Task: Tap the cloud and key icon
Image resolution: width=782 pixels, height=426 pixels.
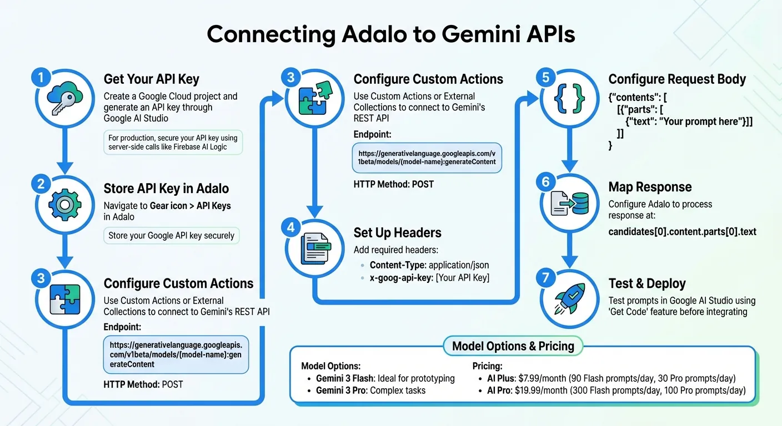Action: [64, 99]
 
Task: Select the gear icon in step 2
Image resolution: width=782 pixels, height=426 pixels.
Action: [64, 205]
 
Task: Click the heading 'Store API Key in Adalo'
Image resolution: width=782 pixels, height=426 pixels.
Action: [166, 189]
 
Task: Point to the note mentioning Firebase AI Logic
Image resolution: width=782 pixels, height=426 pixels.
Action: [173, 143]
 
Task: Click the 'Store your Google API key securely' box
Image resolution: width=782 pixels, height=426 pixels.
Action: [172, 236]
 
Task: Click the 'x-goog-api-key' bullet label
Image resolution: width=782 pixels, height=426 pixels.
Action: [401, 278]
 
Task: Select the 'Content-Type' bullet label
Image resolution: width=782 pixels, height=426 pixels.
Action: [398, 265]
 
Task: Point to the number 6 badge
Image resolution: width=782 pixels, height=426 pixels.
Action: [545, 182]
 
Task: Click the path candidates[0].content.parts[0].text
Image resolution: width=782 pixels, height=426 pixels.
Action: [682, 232]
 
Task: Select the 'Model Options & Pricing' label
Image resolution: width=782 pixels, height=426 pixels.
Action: [513, 347]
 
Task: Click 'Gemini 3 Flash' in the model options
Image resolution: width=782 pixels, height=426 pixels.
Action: [344, 378]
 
